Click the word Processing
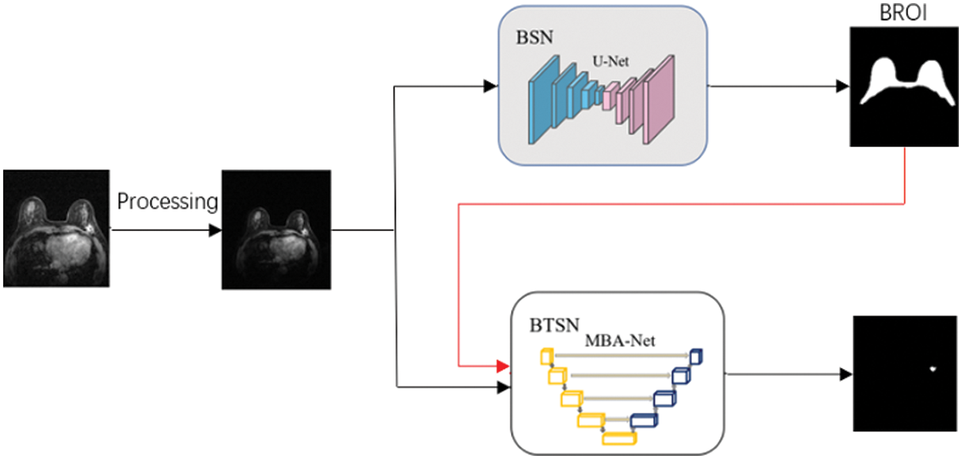point(168,203)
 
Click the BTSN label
point(553,326)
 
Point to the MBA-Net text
point(620,340)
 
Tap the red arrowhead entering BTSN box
point(503,365)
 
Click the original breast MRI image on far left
point(56,229)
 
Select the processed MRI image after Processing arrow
point(276,229)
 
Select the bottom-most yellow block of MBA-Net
point(620,438)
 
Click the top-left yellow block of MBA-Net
point(547,356)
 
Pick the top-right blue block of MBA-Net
point(696,355)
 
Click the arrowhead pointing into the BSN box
point(489,86)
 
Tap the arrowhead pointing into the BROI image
point(844,86)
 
